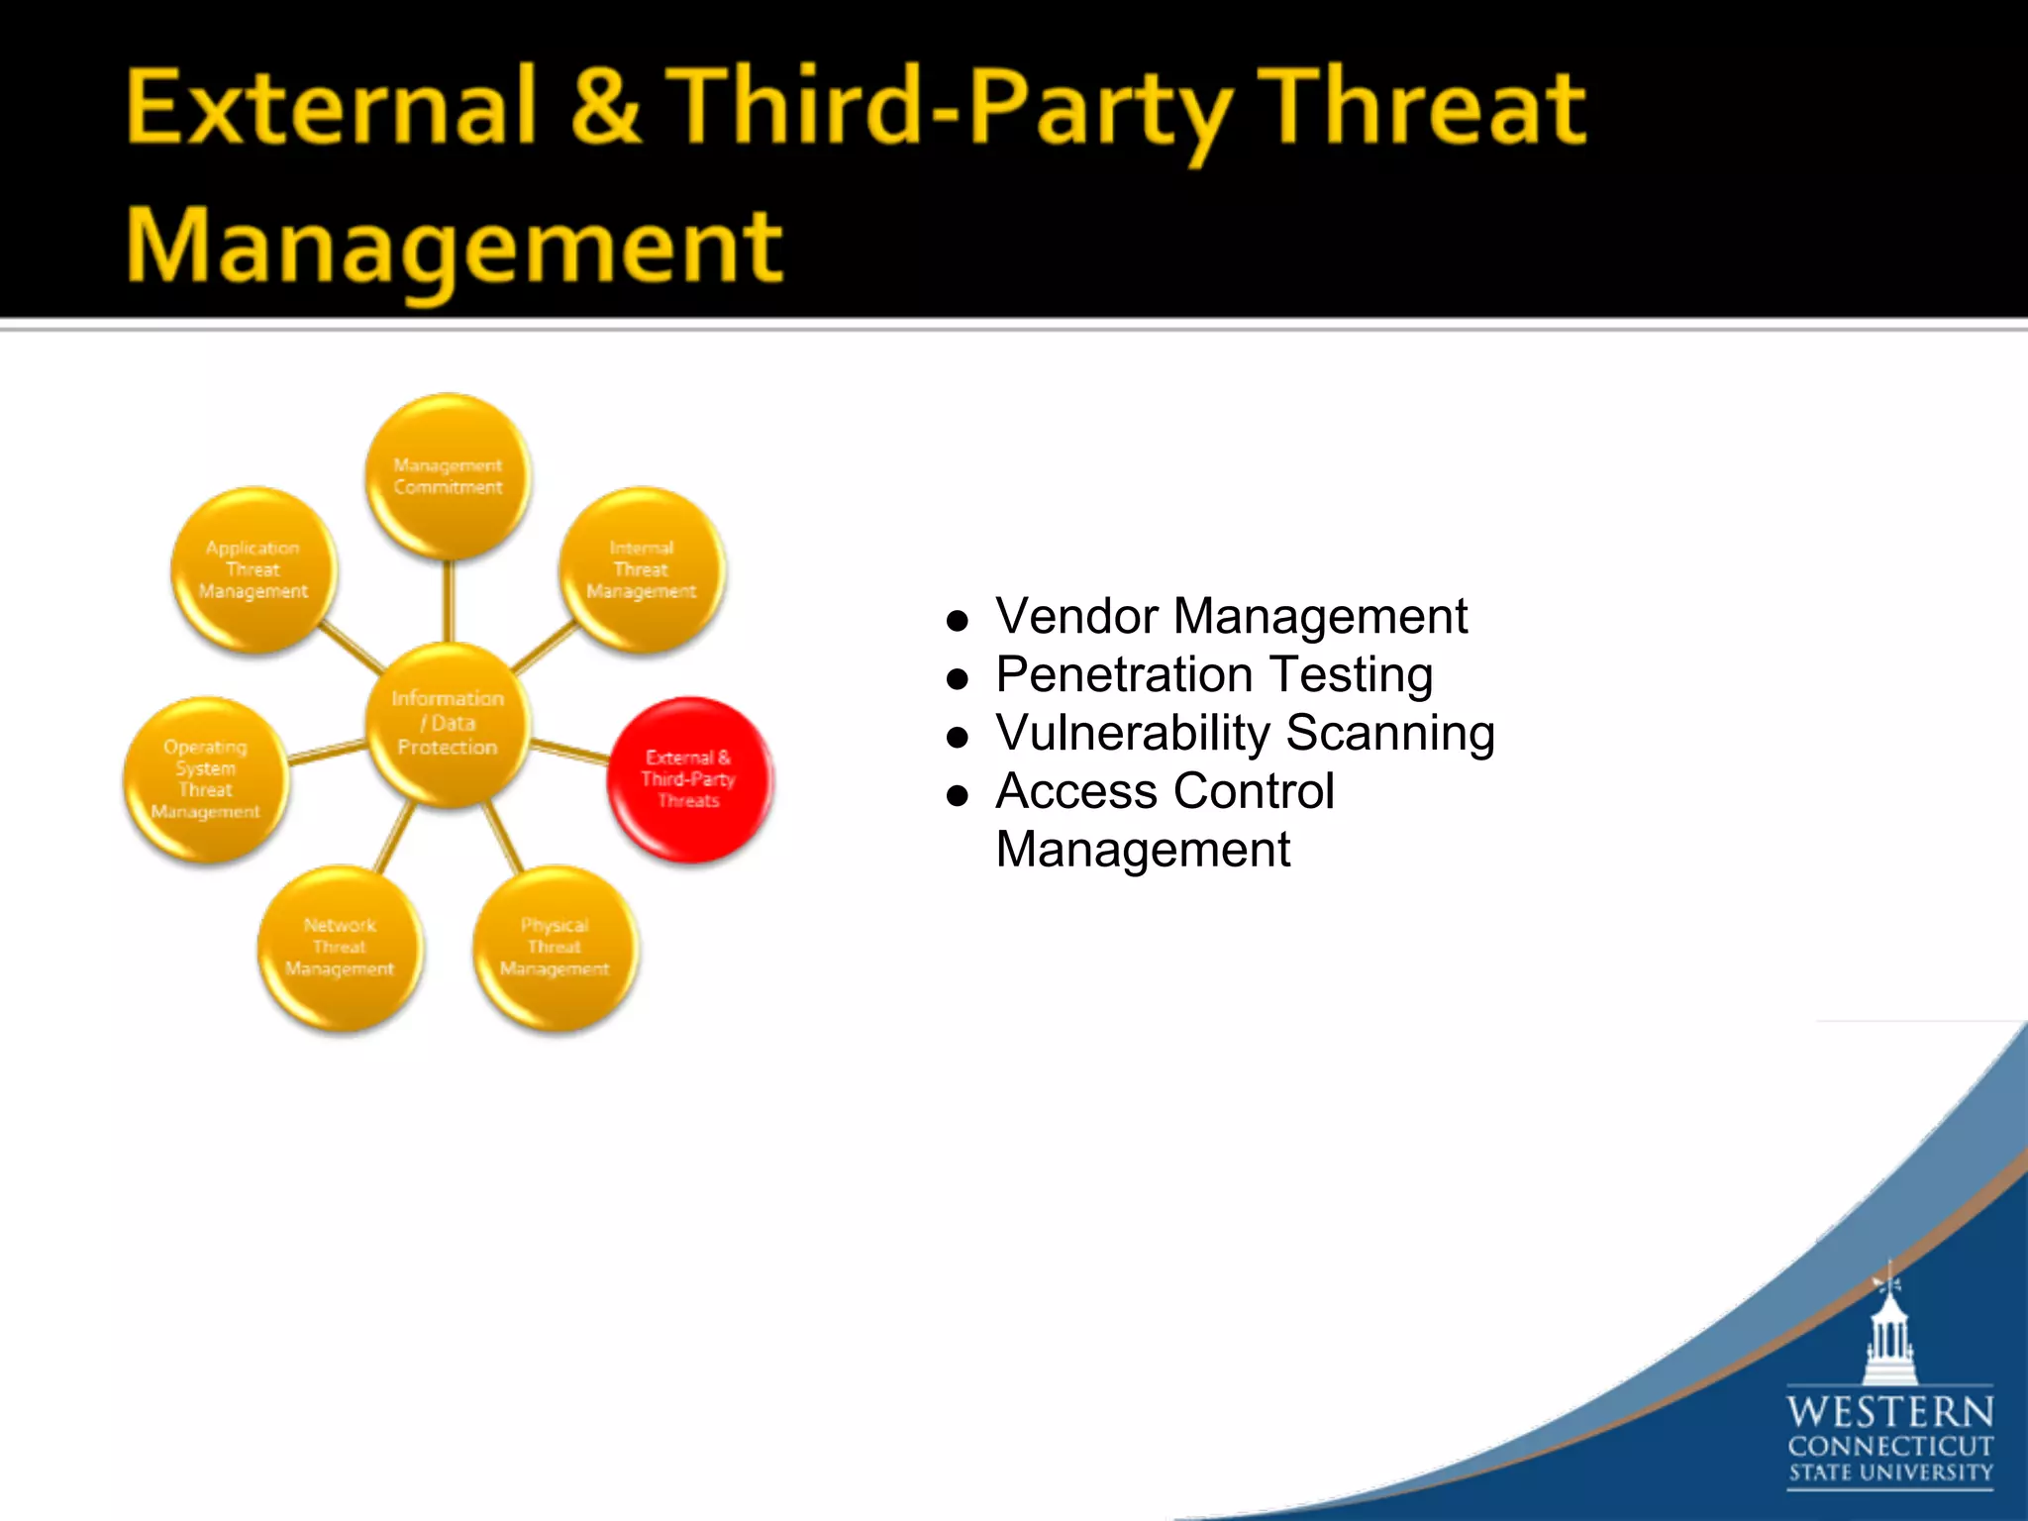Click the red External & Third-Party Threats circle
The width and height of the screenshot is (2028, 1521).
pyautogui.click(x=689, y=779)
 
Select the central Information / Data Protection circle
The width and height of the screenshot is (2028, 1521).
pyautogui.click(x=448, y=723)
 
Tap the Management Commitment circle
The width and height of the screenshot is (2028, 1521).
pyautogui.click(x=448, y=476)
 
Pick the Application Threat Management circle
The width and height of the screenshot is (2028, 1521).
pyautogui.click(x=253, y=569)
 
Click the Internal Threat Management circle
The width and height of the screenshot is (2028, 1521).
pyautogui.click(x=642, y=569)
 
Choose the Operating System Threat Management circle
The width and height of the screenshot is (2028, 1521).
pyautogui.click(x=206, y=779)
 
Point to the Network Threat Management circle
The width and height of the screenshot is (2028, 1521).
pyautogui.click(x=340, y=948)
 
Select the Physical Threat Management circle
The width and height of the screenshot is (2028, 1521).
pyautogui.click(x=555, y=948)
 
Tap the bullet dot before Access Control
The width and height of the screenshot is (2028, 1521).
pyautogui.click(x=957, y=795)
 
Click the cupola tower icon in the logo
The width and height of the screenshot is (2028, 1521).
pyautogui.click(x=1889, y=1332)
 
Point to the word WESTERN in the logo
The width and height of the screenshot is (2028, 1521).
pyautogui.click(x=1889, y=1411)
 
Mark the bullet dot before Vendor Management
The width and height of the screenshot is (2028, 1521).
pyautogui.click(x=957, y=621)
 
